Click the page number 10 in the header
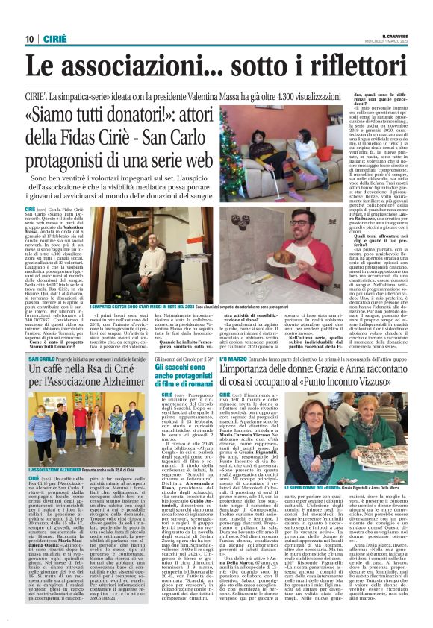[30, 40]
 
